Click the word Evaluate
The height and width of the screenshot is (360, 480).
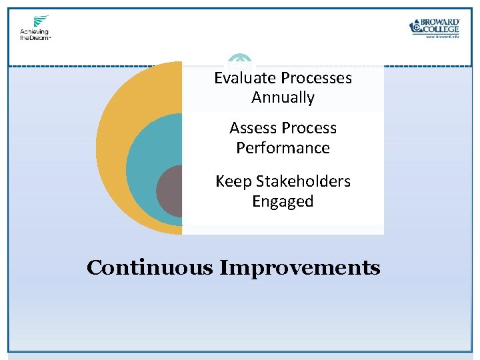click(245, 78)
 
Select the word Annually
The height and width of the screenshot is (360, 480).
click(283, 97)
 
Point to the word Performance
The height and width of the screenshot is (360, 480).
click(283, 147)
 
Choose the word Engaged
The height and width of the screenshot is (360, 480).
click(283, 201)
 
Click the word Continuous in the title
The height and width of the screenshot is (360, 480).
click(150, 268)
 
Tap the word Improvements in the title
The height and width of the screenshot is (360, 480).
click(300, 268)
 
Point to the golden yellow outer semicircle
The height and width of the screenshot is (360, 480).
click(113, 133)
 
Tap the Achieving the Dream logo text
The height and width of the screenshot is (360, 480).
click(35, 35)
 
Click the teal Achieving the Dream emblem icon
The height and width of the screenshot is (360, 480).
click(41, 21)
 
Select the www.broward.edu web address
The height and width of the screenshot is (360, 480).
click(442, 37)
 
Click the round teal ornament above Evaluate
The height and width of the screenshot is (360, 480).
click(240, 63)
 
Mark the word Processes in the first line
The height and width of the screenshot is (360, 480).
click(316, 78)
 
